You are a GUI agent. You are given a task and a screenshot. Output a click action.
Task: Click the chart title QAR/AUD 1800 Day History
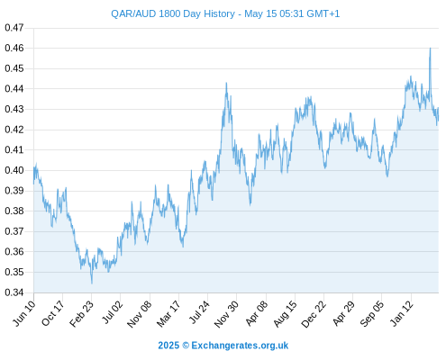[x=173, y=13]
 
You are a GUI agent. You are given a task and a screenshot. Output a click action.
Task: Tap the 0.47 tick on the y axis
[x=14, y=28]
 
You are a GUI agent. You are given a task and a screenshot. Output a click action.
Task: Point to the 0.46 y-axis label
[x=14, y=48]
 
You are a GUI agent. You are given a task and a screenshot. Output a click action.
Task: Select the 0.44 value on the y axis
[x=14, y=89]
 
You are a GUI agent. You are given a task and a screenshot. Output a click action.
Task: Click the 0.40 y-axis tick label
[x=14, y=170]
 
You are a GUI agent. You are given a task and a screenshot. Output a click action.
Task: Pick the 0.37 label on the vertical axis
[x=14, y=231]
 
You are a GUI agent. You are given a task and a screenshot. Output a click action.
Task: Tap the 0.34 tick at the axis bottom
[x=14, y=292]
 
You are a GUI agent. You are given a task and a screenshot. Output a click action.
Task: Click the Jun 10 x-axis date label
[x=24, y=313]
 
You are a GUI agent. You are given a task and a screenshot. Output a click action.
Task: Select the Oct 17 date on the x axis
[x=53, y=313]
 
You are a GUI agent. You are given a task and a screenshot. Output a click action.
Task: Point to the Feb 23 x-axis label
[x=82, y=313]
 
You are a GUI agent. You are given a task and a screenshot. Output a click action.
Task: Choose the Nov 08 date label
[x=140, y=313]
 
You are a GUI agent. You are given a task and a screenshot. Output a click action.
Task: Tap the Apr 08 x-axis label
[x=257, y=313]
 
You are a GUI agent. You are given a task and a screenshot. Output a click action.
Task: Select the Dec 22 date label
[x=314, y=313]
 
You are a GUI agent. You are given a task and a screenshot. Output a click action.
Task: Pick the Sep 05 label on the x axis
[x=372, y=313]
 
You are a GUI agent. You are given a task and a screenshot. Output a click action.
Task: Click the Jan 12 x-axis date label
[x=402, y=313]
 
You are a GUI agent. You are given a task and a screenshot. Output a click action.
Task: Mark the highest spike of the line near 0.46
[x=430, y=49]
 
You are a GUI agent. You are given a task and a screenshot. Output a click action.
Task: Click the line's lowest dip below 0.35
[x=92, y=283]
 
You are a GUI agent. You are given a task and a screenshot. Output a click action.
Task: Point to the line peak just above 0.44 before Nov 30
[x=226, y=83]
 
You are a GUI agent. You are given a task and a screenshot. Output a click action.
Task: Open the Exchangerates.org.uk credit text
[x=223, y=346]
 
